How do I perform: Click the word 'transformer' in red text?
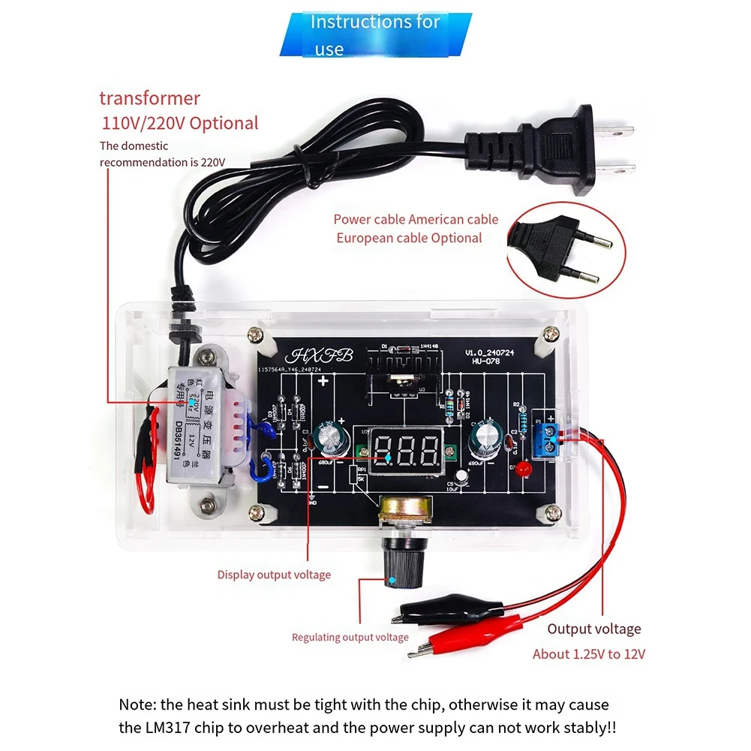(x=150, y=98)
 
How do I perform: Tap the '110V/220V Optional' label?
(x=180, y=123)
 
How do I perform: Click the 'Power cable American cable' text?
(x=416, y=219)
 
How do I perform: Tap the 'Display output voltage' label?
(x=274, y=575)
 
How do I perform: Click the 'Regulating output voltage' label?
(x=350, y=637)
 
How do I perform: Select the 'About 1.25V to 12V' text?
(x=589, y=653)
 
